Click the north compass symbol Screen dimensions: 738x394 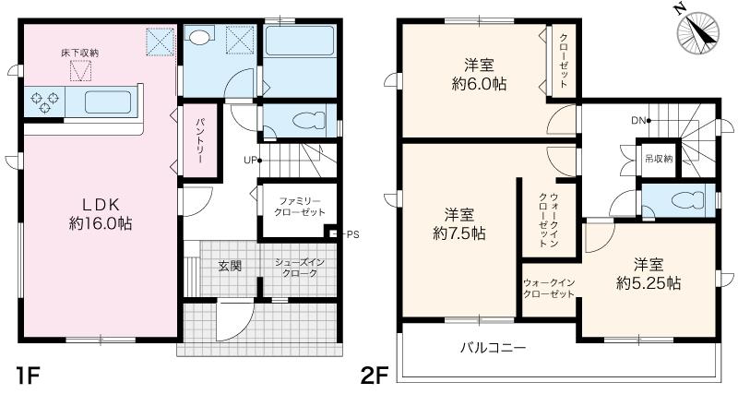(x=697, y=32)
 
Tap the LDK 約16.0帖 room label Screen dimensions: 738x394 (x=101, y=214)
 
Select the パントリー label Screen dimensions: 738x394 (x=200, y=140)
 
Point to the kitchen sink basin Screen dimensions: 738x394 (x=108, y=102)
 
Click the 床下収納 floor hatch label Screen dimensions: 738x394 (x=80, y=54)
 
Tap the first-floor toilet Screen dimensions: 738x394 (x=309, y=121)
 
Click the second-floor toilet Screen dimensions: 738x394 (x=687, y=200)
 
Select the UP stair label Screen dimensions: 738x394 (x=250, y=160)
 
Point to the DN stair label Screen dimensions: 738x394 (x=638, y=121)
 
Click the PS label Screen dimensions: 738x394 (x=353, y=234)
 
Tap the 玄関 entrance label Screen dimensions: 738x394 (x=230, y=266)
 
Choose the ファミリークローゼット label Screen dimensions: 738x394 (x=300, y=206)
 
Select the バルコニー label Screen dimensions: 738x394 (x=493, y=349)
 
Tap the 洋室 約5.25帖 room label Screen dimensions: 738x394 (x=649, y=273)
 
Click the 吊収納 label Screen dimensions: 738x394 (x=659, y=159)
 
